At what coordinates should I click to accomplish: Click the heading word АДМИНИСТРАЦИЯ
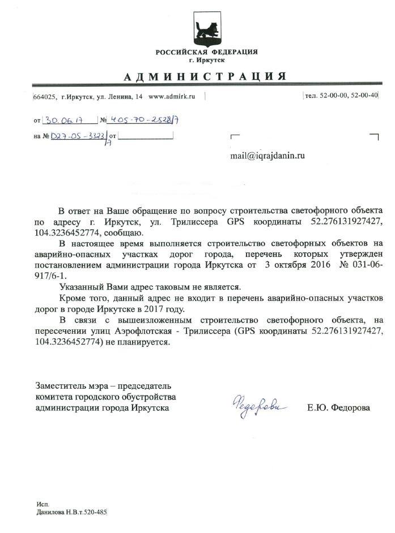pyautogui.click(x=205, y=76)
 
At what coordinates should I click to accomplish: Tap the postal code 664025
pyautogui.click(x=45, y=97)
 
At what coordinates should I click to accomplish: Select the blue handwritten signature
pyautogui.click(x=258, y=406)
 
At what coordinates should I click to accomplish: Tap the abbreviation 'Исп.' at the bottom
pyautogui.click(x=42, y=503)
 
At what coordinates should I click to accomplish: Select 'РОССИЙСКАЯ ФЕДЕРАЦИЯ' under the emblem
pyautogui.click(x=206, y=52)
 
